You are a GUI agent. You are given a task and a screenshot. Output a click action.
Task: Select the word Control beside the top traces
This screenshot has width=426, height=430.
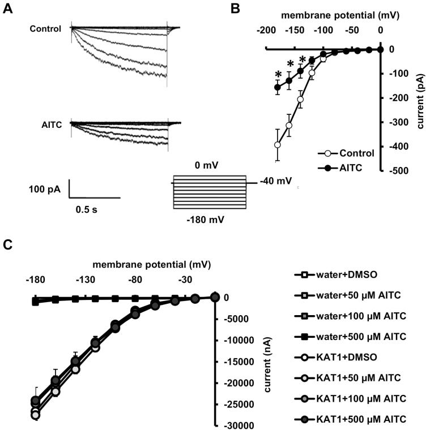coord(46,28)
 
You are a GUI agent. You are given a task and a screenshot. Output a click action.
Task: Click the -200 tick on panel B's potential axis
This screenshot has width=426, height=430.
coord(267,29)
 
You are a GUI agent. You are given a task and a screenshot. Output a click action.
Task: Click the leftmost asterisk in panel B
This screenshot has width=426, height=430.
coord(278,74)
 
